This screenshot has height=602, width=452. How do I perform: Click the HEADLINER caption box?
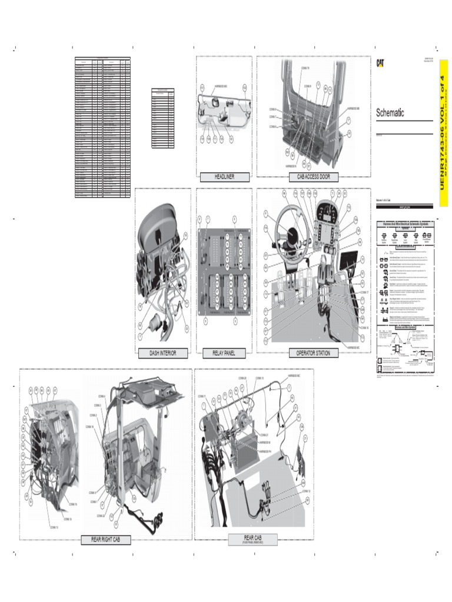[224, 176]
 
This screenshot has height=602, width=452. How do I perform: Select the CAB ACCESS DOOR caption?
[313, 176]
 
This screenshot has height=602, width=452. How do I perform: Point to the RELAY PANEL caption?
[224, 353]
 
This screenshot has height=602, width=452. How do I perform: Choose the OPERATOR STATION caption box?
[313, 353]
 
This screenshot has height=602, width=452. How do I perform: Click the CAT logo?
[381, 63]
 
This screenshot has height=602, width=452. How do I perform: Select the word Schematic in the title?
[390, 113]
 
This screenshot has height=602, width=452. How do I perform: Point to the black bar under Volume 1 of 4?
[404, 206]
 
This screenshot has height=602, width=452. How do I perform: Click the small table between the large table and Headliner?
[162, 118]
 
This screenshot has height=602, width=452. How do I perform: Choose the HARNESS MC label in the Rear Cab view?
[294, 374]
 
